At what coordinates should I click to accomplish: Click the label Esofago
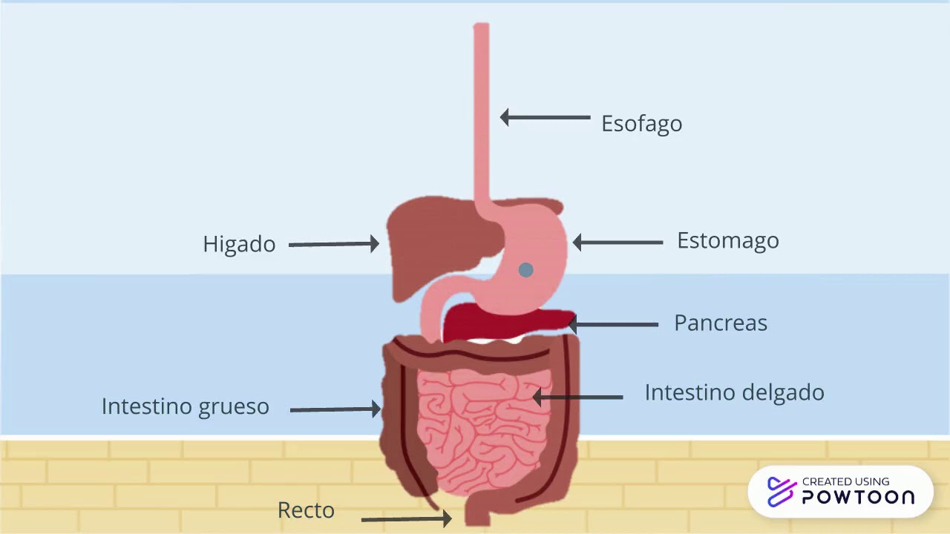642,124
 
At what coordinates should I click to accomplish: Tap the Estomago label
728,241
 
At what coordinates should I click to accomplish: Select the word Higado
239,244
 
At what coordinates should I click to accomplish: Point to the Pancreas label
721,323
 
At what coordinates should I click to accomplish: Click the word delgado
784,392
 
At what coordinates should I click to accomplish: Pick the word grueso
233,407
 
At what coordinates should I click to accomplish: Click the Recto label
306,510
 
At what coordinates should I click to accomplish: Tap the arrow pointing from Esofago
545,117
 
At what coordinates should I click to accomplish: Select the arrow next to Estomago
617,243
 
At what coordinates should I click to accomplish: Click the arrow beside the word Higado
334,244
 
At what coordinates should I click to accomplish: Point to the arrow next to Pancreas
613,325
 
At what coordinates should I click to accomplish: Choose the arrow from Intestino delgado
577,397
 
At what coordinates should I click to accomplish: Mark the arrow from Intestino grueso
335,409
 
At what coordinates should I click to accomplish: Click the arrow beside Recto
406,518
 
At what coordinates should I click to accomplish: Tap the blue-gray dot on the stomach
526,270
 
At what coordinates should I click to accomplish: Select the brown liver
441,245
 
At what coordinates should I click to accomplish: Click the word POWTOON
859,497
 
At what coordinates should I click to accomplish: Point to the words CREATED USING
845,481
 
